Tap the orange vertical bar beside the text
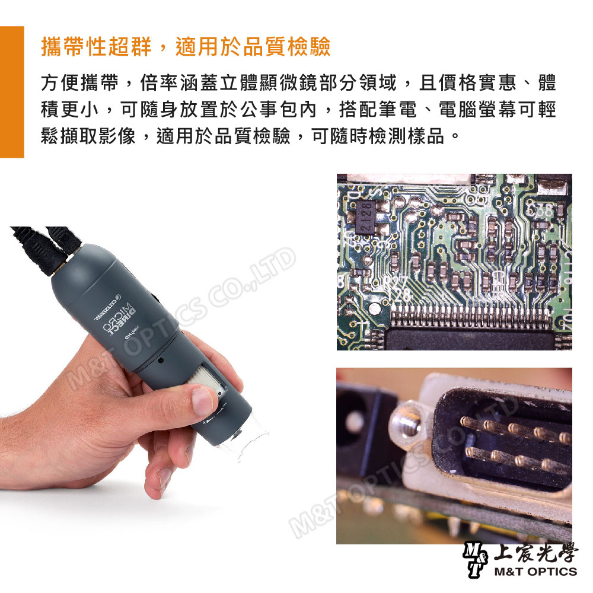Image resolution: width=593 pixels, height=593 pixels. pos(12,92)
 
